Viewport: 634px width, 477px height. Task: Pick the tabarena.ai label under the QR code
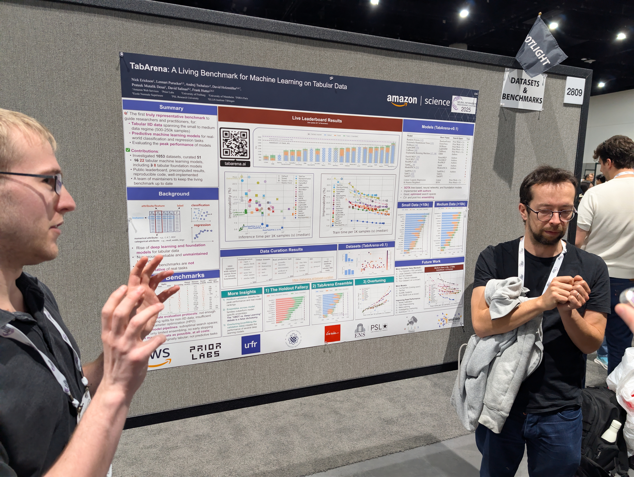[x=235, y=164]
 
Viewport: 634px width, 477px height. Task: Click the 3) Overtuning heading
[x=374, y=281]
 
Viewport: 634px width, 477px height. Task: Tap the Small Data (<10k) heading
[x=415, y=205]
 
